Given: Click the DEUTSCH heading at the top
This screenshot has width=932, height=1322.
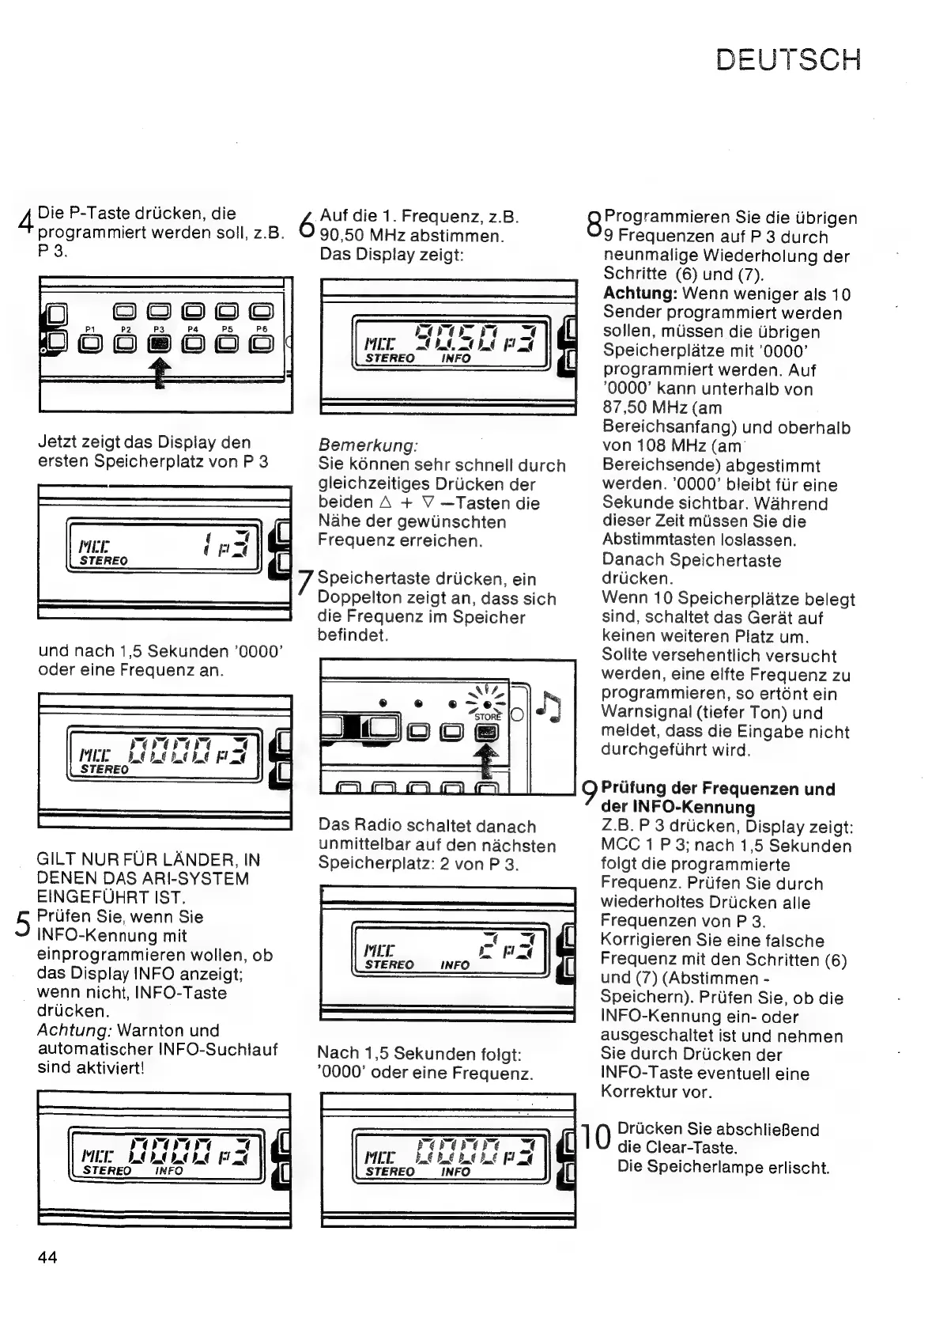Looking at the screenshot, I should pyautogui.click(x=787, y=60).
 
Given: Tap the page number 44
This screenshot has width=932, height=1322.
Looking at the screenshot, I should pyautogui.click(x=47, y=1256).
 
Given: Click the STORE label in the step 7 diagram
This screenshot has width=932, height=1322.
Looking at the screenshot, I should pyautogui.click(x=488, y=717).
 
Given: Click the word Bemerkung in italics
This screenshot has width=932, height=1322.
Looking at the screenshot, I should pyautogui.click(x=368, y=446).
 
